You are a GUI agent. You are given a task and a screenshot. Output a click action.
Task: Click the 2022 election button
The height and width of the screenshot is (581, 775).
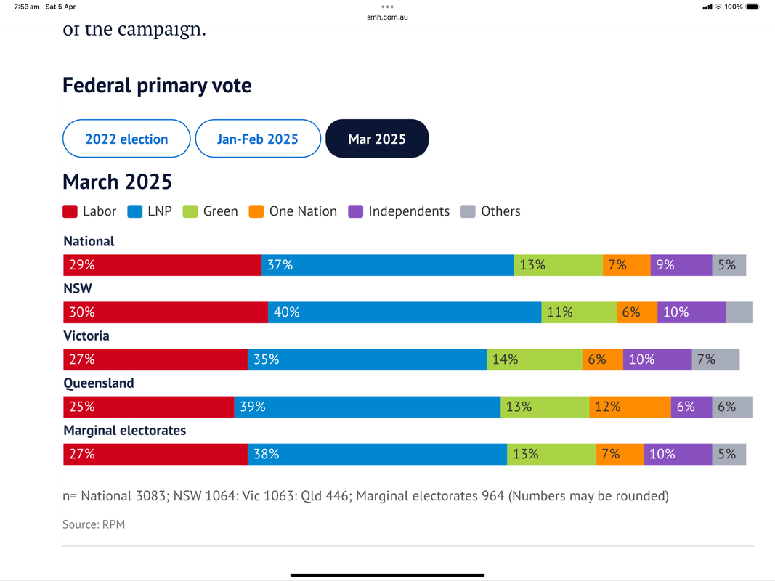pos(126,139)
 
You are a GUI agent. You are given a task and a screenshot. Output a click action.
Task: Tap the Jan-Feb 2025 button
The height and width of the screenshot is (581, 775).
pos(258,139)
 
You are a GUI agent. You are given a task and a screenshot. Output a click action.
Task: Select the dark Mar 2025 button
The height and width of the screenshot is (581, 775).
pos(377,139)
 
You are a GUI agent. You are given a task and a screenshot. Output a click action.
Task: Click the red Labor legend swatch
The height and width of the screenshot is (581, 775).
pos(70,212)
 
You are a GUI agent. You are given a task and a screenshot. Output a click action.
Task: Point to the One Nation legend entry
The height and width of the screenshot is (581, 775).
pos(293,212)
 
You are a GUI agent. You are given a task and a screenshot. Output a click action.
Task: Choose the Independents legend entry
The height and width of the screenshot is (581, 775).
pos(399,212)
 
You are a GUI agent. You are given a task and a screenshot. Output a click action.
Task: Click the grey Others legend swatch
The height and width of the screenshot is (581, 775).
pos(468,212)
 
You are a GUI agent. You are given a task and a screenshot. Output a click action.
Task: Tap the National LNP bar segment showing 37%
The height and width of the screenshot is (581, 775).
pos(387,265)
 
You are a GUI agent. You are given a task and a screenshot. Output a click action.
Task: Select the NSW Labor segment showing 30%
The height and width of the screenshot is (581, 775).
pos(166,312)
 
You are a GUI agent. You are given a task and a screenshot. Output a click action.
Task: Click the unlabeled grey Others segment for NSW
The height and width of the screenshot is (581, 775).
pos(739,312)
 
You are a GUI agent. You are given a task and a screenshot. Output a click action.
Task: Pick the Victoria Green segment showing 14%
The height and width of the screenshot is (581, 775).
pos(534,359)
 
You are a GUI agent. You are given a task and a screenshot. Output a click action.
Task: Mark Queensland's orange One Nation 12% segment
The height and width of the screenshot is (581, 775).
pos(630,407)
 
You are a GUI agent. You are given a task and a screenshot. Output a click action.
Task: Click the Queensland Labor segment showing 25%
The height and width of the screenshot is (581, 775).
pos(148,407)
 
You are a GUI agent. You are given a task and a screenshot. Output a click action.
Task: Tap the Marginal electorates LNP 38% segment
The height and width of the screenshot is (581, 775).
pos(377,454)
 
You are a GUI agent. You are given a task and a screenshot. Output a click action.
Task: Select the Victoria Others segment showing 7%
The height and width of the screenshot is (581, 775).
pos(715,359)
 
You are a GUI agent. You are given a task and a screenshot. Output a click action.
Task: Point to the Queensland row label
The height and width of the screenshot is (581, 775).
pos(99,383)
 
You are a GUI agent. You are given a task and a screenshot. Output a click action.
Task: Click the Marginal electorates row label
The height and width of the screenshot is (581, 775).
pos(125,431)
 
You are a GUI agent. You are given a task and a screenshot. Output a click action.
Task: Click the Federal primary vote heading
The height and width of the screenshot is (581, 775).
pos(157,86)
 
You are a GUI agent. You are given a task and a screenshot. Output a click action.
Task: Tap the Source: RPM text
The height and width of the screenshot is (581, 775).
pos(94,524)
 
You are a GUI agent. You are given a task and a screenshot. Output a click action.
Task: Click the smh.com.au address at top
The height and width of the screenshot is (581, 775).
pos(387,17)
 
